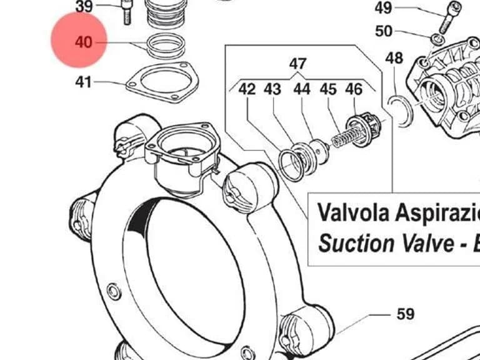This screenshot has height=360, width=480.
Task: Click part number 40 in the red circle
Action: pos(83,42)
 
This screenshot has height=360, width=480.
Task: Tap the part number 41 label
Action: pos(83,82)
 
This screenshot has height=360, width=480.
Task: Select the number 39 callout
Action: pos(84,6)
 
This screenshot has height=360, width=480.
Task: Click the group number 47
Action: pos(297,64)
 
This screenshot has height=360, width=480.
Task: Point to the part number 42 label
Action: pos(247,89)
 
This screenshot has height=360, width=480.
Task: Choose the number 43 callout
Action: pos(272,89)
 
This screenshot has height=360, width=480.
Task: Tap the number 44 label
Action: pos(302,89)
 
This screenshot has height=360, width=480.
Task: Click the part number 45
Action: pos(328,89)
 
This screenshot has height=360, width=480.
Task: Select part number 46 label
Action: pos(354,89)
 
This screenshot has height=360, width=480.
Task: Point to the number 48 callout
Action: pos(394,58)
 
